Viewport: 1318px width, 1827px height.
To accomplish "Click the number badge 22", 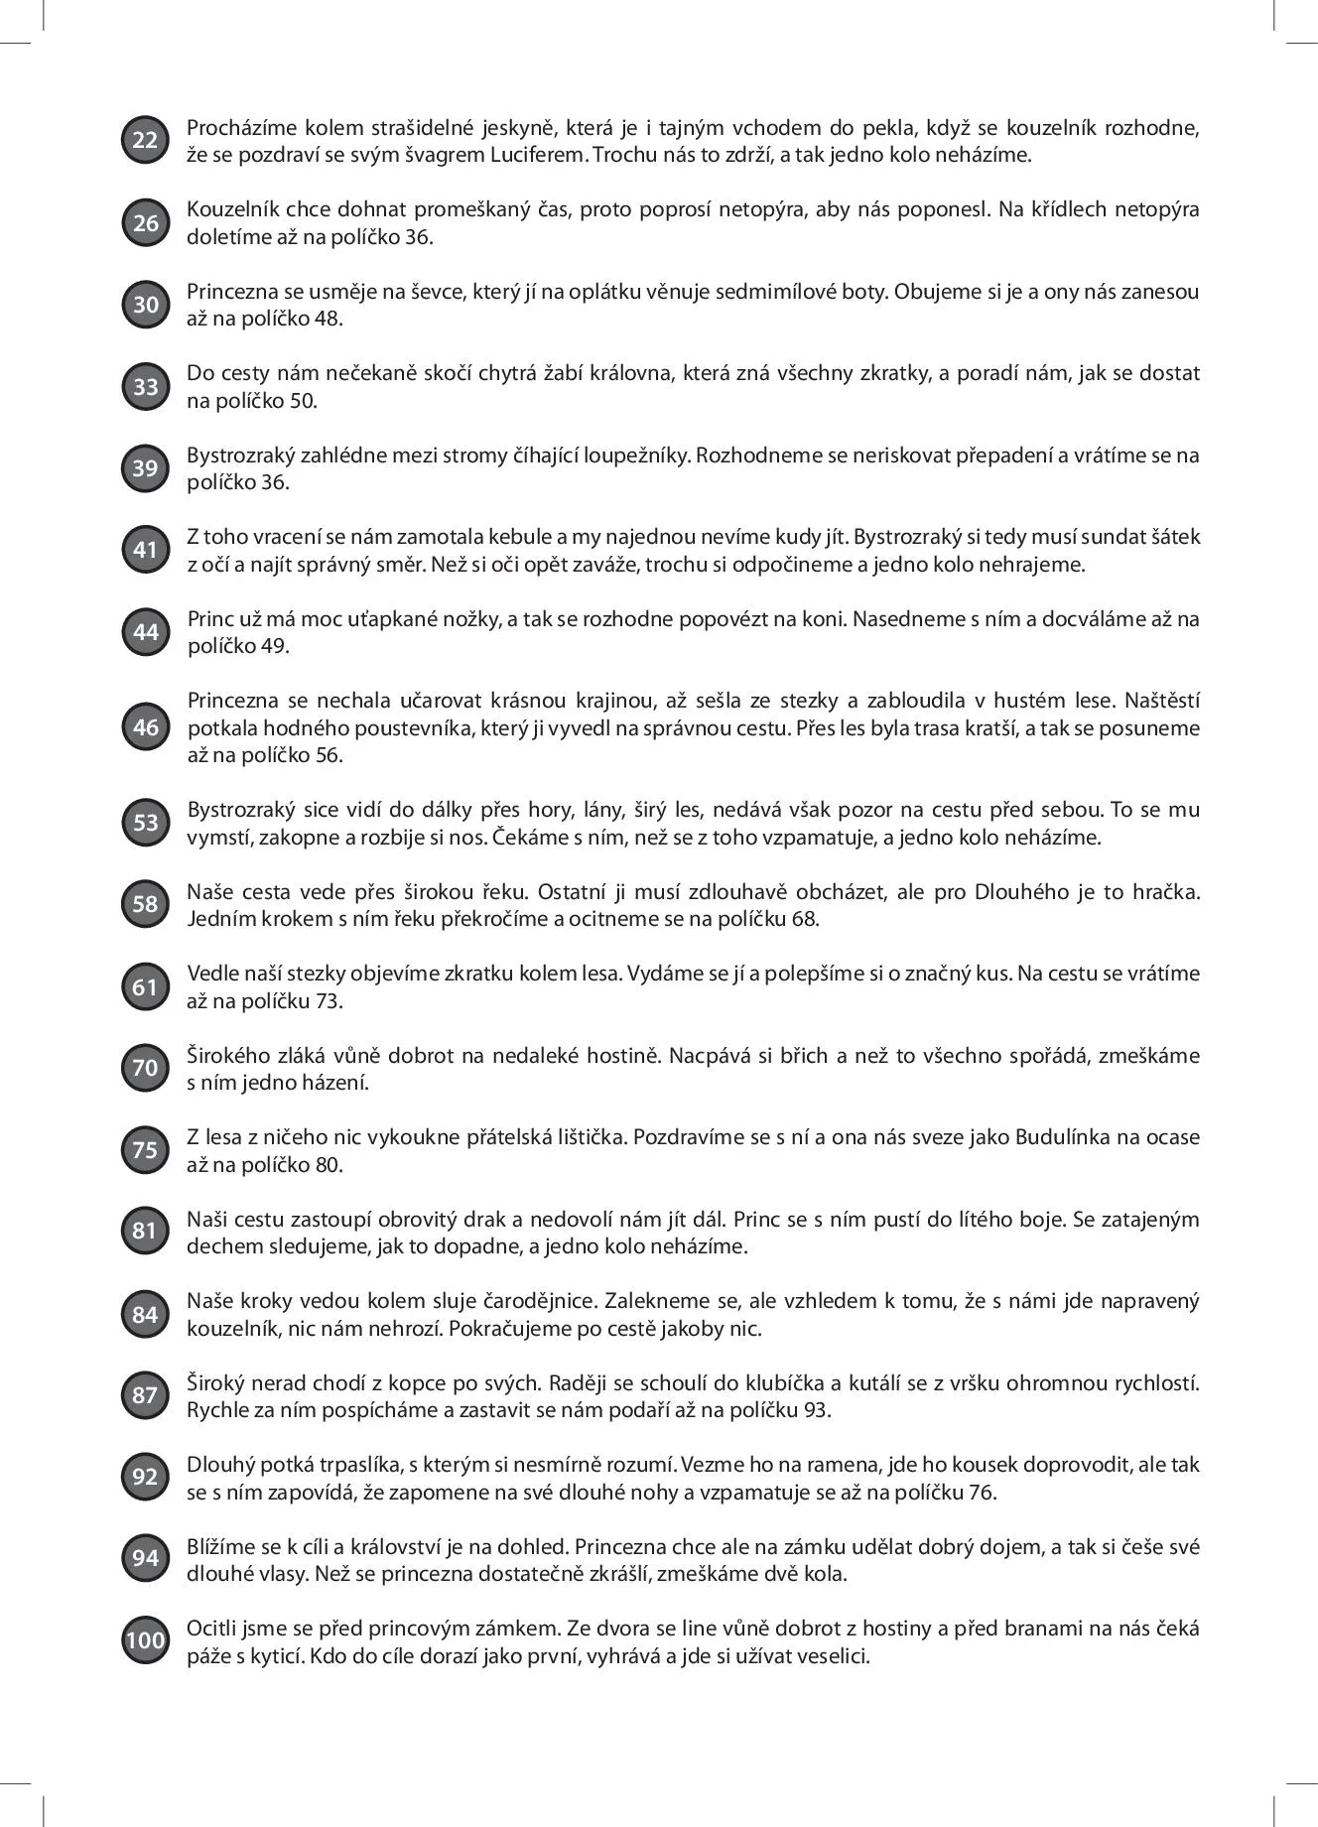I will [x=145, y=141].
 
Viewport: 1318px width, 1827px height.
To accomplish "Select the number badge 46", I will [x=145, y=727].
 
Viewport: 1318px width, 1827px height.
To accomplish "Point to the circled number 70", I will [x=145, y=1069].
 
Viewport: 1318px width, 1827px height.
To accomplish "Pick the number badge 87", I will [x=145, y=1396].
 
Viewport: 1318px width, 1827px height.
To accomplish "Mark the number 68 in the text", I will [x=805, y=918].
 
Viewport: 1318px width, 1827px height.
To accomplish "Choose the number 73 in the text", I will [x=329, y=1000].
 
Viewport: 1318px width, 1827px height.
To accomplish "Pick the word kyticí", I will [x=267, y=1655].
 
